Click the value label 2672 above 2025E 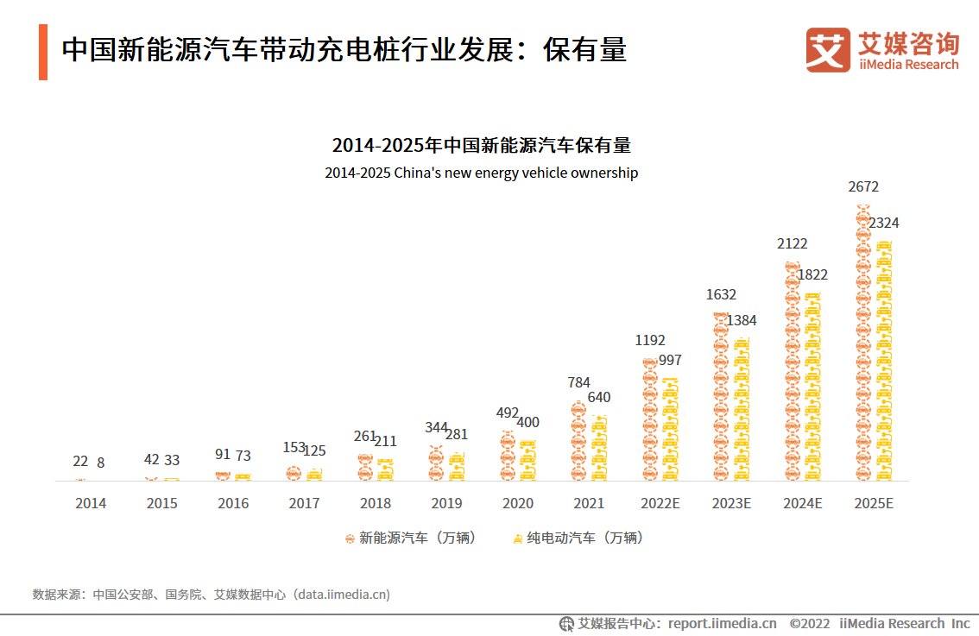[863, 186]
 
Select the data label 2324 [883, 223]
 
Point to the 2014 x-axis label [91, 503]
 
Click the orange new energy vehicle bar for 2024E [792, 371]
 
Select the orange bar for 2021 [578, 441]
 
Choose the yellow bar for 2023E [741, 410]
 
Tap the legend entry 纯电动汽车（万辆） [578, 538]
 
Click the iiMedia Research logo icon [828, 49]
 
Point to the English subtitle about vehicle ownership [481, 173]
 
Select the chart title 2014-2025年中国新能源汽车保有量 [481, 144]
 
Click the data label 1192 [650, 340]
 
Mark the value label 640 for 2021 [599, 398]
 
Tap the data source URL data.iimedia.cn [343, 595]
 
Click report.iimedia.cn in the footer [722, 623]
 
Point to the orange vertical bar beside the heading [43, 53]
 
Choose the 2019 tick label [445, 503]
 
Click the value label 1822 [812, 274]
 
